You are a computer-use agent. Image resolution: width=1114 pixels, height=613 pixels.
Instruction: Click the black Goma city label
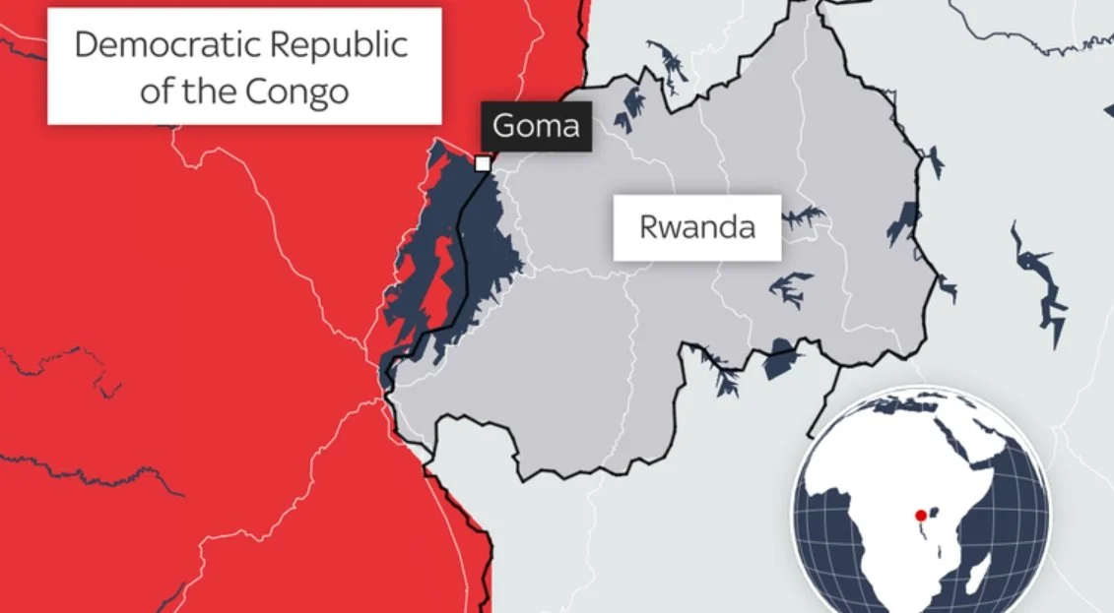(x=537, y=126)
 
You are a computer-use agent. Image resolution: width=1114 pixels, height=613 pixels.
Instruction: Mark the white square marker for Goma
(x=483, y=163)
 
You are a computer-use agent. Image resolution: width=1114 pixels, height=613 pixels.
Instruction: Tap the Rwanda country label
(x=697, y=227)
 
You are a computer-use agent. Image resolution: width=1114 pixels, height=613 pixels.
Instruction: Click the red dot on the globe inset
(x=920, y=515)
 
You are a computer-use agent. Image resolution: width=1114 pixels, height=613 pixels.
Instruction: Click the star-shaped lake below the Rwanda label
(x=789, y=288)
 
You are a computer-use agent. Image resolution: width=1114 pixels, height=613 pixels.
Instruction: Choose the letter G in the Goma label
(x=503, y=126)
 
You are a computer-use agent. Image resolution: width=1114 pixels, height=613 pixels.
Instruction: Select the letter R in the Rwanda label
(x=648, y=227)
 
